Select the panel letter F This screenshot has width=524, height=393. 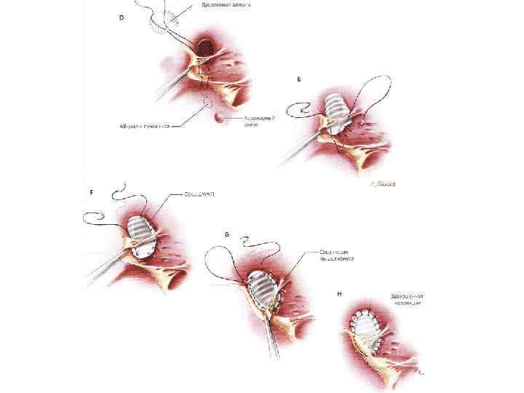pyautogui.click(x=91, y=194)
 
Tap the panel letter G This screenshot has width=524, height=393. pyautogui.click(x=227, y=234)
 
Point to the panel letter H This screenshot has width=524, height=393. pyautogui.click(x=341, y=293)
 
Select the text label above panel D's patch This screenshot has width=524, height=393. pyautogui.click(x=220, y=5)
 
